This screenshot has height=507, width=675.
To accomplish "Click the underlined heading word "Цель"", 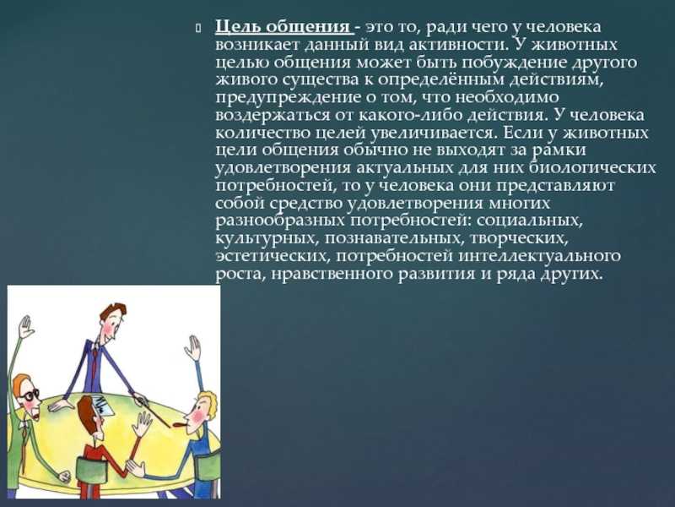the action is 237,27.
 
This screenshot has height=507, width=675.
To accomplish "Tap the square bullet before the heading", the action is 198,29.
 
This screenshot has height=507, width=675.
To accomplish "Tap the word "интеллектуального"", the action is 539,256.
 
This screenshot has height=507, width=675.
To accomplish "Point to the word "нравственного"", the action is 332,274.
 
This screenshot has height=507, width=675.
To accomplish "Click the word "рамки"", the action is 559,150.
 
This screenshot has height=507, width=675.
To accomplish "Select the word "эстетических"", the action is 273,256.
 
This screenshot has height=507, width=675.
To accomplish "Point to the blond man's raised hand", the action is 192,347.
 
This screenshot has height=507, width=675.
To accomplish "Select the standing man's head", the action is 114,320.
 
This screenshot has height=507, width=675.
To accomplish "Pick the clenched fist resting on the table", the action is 65,476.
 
